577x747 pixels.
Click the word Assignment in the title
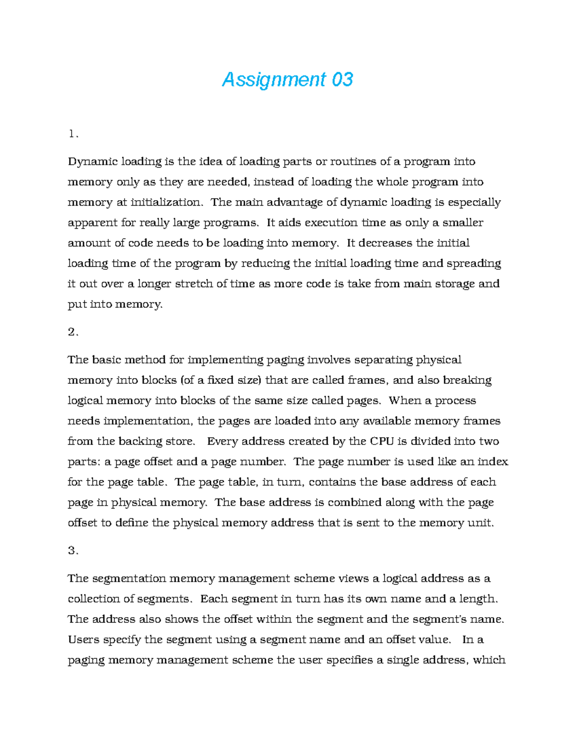(x=274, y=80)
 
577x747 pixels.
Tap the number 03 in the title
(x=342, y=79)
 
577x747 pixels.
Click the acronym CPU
(x=382, y=442)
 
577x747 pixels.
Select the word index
(x=493, y=462)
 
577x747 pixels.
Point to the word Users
(x=84, y=640)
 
